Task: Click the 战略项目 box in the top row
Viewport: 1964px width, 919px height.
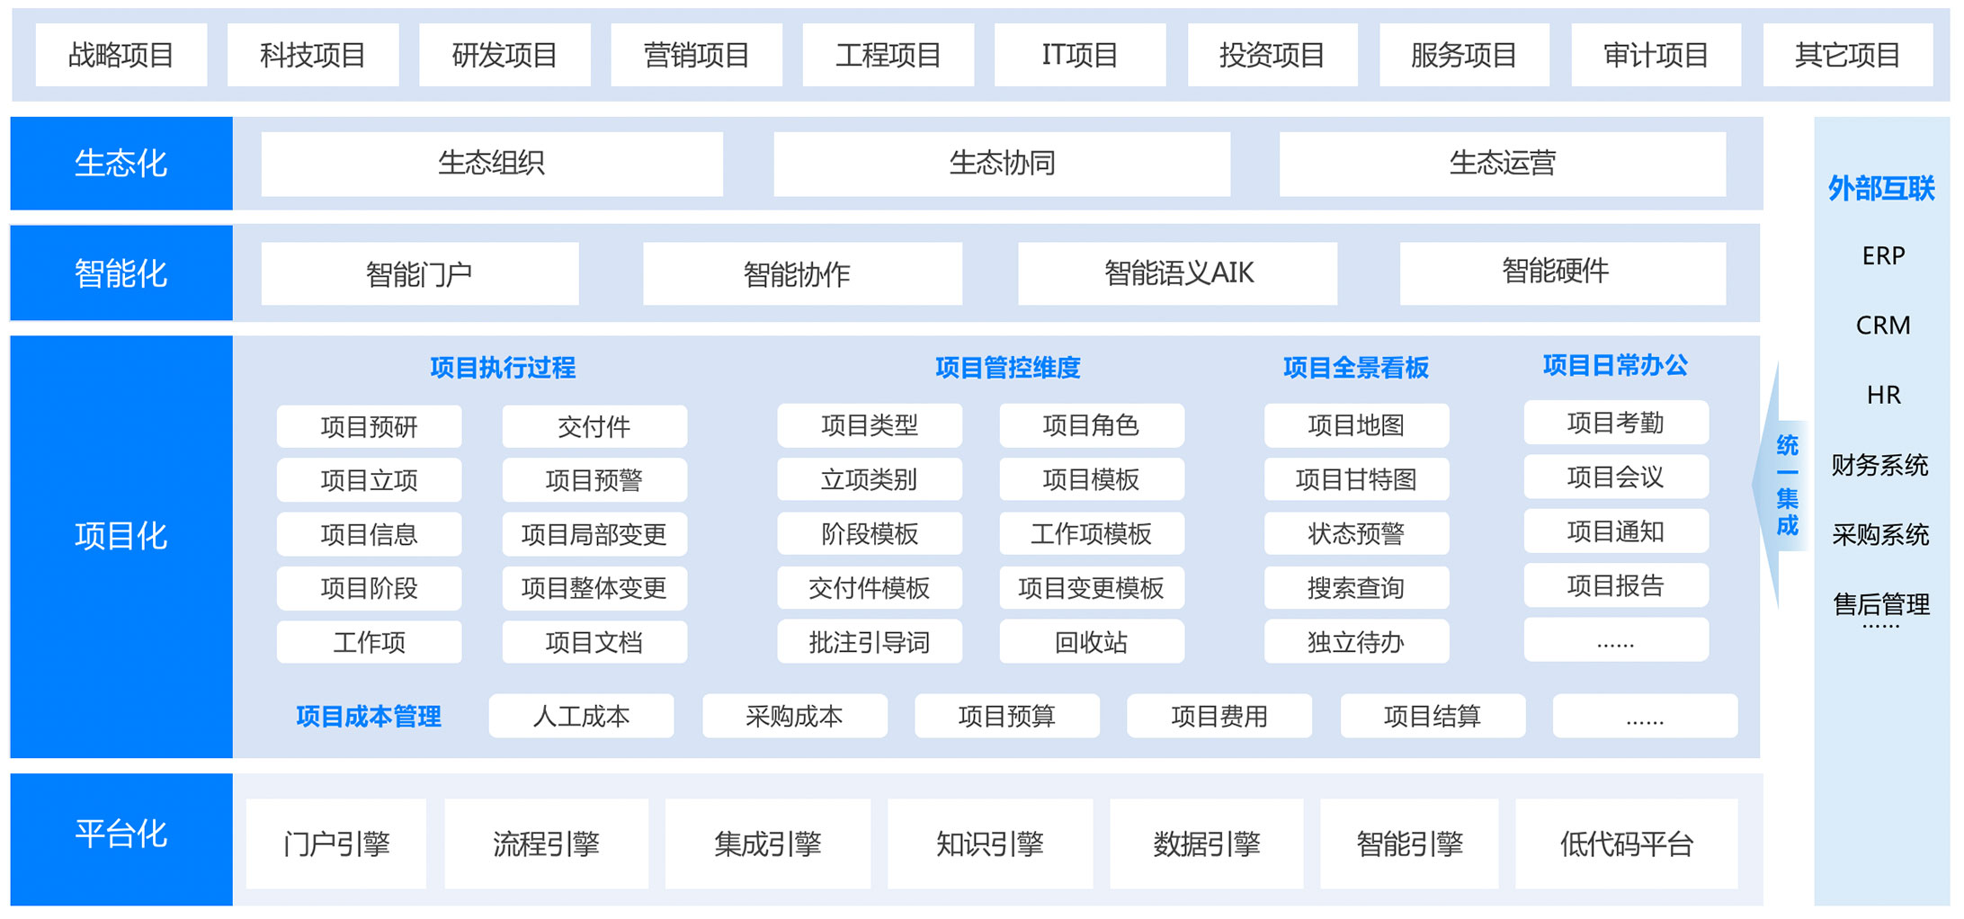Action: coord(121,55)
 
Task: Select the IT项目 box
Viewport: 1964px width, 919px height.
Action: coord(1079,55)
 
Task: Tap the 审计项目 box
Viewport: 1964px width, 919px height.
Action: coord(1656,55)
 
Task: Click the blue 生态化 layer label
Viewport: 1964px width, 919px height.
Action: coord(121,163)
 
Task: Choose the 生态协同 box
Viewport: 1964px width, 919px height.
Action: coord(1002,164)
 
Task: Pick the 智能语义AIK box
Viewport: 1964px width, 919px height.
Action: coord(1177,273)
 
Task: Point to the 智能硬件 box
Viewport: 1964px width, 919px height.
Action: coord(1562,273)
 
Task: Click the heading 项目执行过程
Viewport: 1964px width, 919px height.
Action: coord(503,367)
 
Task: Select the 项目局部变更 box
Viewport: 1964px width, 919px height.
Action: coord(594,534)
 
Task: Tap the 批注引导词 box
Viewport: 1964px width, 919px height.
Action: coord(869,642)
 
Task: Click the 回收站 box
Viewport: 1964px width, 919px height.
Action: coord(1091,642)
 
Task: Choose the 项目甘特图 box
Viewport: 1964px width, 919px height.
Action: coord(1356,479)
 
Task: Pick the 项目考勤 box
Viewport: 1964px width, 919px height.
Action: coord(1615,423)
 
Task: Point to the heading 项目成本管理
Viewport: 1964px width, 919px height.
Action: coord(369,717)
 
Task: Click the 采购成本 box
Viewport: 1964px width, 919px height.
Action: coord(794,716)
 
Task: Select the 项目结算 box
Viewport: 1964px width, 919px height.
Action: coord(1433,716)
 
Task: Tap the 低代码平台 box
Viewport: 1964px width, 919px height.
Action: coord(1626,843)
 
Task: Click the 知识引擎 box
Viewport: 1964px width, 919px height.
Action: coord(989,843)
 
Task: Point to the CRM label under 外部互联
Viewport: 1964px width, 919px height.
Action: coord(1883,326)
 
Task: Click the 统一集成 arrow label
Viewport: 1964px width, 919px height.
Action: coord(1787,486)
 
